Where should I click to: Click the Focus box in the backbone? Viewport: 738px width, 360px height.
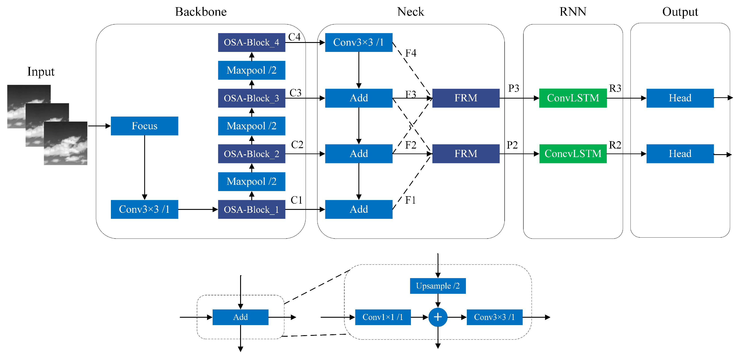click(144, 126)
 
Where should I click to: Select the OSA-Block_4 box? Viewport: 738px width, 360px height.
click(251, 43)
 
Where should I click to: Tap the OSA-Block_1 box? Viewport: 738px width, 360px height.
click(251, 209)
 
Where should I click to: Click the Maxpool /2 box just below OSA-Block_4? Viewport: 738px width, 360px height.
click(251, 70)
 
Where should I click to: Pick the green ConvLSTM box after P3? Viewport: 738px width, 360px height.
click(573, 98)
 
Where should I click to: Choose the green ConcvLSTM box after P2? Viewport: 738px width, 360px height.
click(573, 154)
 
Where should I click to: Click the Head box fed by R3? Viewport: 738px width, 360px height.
click(680, 98)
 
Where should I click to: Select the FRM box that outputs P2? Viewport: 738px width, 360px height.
click(465, 154)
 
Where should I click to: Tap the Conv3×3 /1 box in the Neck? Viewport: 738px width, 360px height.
click(358, 43)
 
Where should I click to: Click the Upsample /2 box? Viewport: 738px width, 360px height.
click(438, 286)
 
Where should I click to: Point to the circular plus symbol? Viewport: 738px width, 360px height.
click(438, 317)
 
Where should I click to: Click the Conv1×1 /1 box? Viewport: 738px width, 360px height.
click(383, 317)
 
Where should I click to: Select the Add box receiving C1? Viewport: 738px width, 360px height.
click(358, 209)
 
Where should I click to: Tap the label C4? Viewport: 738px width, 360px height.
click(294, 37)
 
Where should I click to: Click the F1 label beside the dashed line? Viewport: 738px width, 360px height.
click(410, 200)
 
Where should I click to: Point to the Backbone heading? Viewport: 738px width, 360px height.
click(201, 12)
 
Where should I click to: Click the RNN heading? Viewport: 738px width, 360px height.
click(573, 12)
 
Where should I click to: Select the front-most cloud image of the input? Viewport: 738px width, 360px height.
click(65, 143)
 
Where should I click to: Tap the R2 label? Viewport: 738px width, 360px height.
click(615, 145)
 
